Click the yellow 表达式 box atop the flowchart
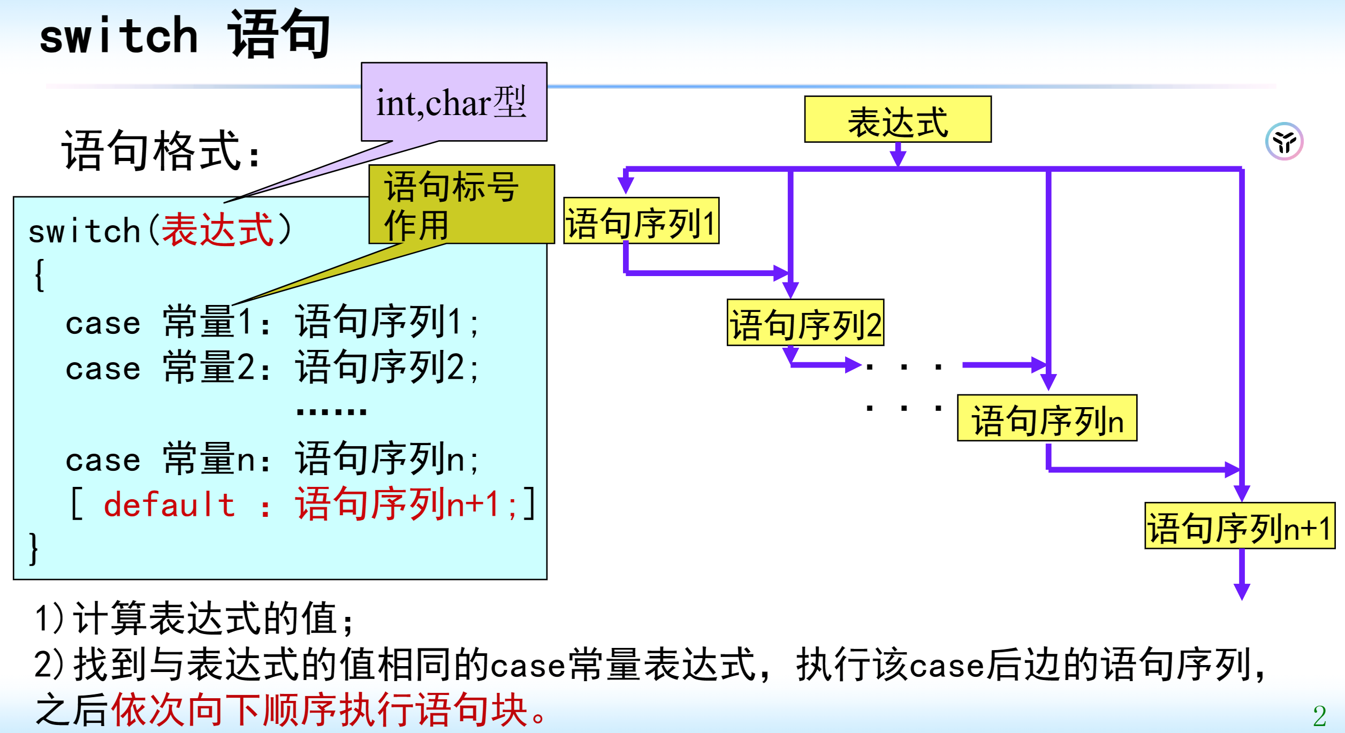898,119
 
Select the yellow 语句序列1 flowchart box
641,221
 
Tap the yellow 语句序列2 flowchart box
805,323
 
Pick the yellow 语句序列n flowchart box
1047,418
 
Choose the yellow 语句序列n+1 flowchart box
1240,526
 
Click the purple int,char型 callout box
454,102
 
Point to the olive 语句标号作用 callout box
461,204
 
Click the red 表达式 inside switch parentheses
217,230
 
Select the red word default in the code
169,505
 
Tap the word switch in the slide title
119,36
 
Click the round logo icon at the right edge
1284,141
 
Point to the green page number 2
1319,716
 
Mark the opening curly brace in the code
39,276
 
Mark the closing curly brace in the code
34,549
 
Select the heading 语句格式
161,151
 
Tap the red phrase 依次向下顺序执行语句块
320,709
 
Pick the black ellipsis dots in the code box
331,411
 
